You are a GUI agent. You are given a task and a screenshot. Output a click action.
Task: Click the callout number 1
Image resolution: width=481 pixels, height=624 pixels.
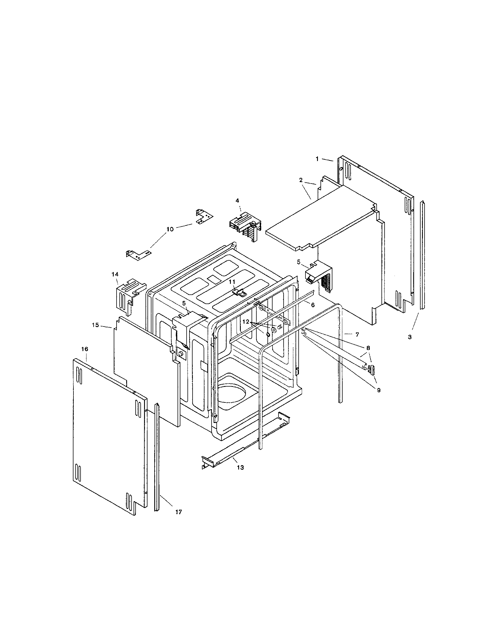317,159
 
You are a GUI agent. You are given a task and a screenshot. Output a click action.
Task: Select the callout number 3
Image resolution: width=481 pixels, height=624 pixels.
410,337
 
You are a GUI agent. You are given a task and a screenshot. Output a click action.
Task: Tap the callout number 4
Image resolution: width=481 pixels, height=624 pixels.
237,201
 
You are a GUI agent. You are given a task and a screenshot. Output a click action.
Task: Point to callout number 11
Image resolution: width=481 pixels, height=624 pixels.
232,282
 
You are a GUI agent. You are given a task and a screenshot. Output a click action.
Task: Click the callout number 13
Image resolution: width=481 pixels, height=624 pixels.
241,468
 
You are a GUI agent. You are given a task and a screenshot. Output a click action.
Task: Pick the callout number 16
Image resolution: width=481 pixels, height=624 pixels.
85,349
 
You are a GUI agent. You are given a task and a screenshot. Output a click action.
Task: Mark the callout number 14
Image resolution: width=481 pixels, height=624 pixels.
115,274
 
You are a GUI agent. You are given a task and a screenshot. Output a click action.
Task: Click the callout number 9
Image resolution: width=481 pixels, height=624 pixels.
379,391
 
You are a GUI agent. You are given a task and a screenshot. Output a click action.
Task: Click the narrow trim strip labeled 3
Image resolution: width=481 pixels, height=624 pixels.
422,254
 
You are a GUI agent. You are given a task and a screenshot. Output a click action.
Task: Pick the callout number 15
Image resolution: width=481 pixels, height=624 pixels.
95,325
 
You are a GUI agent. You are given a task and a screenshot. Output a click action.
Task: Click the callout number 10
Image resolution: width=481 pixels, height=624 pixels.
170,229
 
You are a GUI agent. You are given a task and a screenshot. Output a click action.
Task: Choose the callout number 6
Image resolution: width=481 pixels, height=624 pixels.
313,305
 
